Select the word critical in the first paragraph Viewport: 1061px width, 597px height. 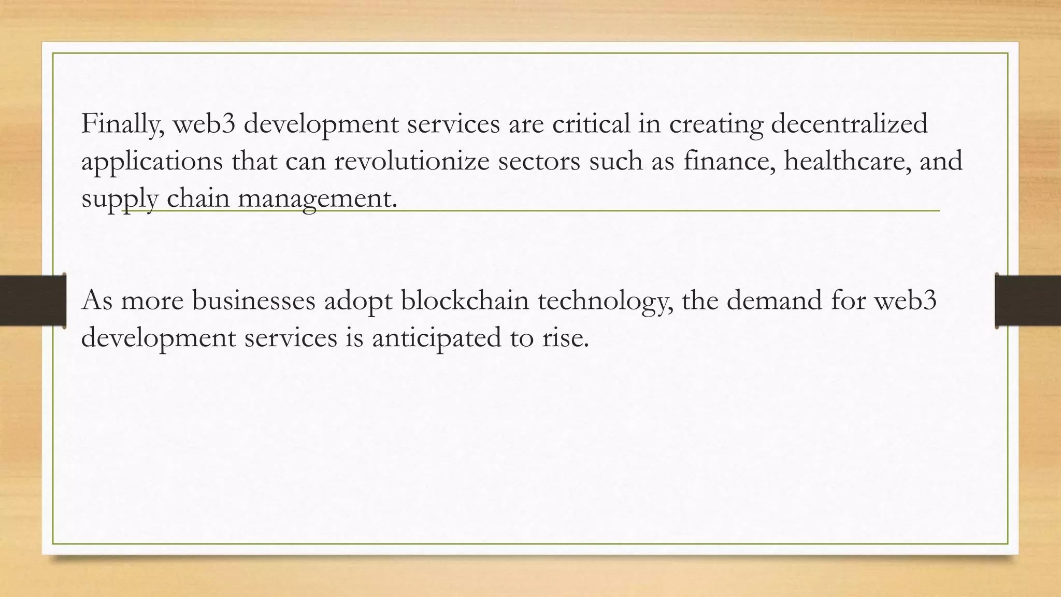point(591,124)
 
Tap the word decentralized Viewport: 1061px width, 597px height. point(849,124)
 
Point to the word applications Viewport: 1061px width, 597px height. point(152,162)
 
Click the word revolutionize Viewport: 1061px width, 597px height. point(412,162)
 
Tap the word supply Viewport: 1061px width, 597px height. point(120,199)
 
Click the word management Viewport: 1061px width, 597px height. point(317,199)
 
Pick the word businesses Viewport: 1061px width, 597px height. point(254,301)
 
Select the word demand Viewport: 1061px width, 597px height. point(775,301)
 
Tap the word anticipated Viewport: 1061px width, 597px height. point(437,338)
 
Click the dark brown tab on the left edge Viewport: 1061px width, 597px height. point(32,301)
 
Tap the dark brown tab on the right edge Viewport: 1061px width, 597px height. point(1028,301)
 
